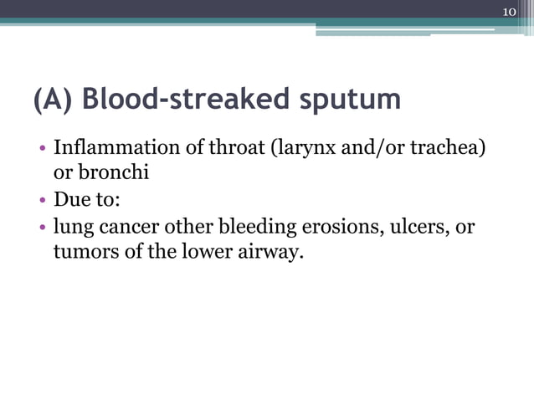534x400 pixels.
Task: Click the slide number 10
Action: click(510, 11)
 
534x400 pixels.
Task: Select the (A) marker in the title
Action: click(55, 100)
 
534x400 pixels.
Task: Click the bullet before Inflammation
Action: click(42, 151)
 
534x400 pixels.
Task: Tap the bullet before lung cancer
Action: click(42, 228)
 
